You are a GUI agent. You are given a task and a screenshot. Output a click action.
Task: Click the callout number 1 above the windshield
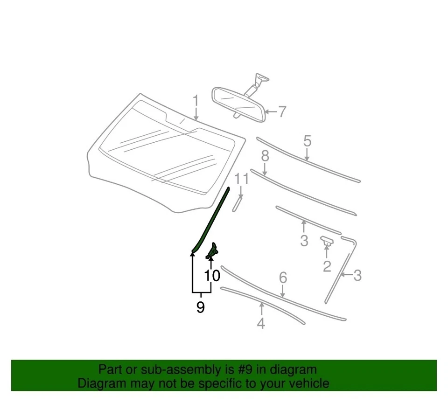pos(196,101)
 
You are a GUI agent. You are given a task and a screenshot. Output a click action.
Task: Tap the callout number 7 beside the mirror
pos(281,112)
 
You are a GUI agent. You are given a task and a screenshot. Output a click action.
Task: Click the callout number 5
pos(307,140)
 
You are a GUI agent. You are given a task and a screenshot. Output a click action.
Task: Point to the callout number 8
pos(265,156)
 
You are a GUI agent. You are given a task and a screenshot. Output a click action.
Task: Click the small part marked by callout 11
pos(237,204)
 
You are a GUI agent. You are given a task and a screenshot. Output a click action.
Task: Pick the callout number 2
pos(327,266)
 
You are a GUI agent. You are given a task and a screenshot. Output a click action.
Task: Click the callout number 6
pos(283,278)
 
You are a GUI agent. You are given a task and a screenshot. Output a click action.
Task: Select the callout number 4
pos(261,323)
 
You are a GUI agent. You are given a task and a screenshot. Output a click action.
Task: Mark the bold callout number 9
pos(200,307)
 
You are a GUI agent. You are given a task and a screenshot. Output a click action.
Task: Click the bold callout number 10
pos(212,276)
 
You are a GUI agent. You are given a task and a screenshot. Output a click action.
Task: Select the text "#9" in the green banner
pos(243,370)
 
